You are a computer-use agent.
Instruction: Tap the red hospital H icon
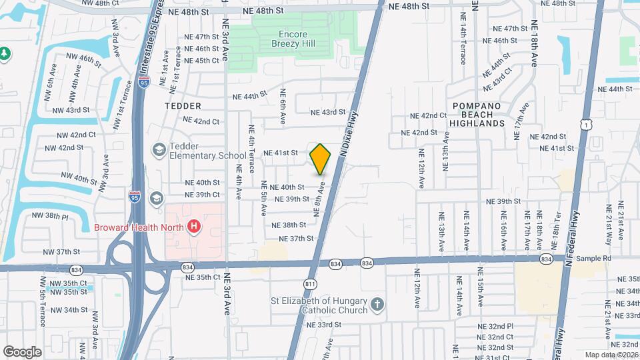point(194,227)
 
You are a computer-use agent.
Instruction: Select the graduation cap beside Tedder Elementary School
point(159,150)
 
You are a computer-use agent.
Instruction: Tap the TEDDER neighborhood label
point(183,106)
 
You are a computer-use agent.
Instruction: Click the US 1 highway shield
point(586,125)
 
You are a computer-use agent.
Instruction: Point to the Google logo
point(22,351)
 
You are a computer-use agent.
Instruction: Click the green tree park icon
point(5,52)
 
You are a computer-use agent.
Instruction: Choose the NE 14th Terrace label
point(463,45)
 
